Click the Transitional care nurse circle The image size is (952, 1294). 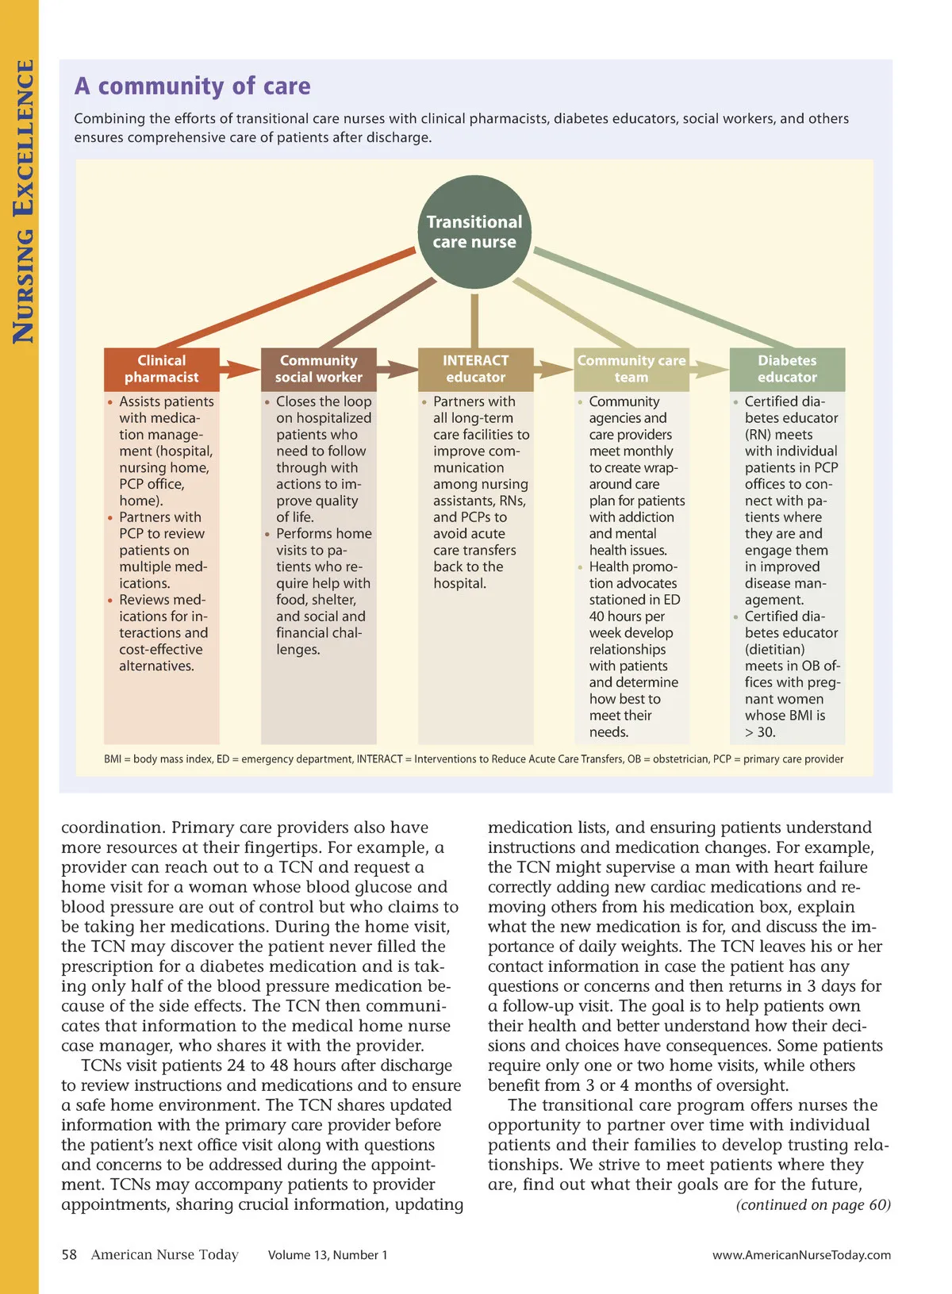(474, 232)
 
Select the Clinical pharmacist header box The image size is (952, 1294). (162, 369)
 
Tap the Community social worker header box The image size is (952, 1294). (318, 369)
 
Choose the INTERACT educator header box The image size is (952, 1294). (475, 369)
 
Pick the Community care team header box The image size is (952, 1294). (631, 369)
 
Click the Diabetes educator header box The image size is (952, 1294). (787, 369)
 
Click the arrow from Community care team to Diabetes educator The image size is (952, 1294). (709, 370)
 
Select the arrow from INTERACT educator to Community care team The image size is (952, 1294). (553, 370)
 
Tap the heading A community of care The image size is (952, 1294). (193, 86)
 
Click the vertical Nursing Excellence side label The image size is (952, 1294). (23, 202)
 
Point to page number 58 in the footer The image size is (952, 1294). (70, 1254)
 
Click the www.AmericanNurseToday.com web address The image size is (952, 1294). (801, 1255)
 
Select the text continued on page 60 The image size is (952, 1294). (813, 1205)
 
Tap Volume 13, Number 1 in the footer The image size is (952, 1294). (328, 1255)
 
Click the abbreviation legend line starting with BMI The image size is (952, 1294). (474, 759)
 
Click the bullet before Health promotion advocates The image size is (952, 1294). (581, 567)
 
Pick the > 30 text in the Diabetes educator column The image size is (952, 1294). (760, 732)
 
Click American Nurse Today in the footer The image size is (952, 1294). (164, 1254)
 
